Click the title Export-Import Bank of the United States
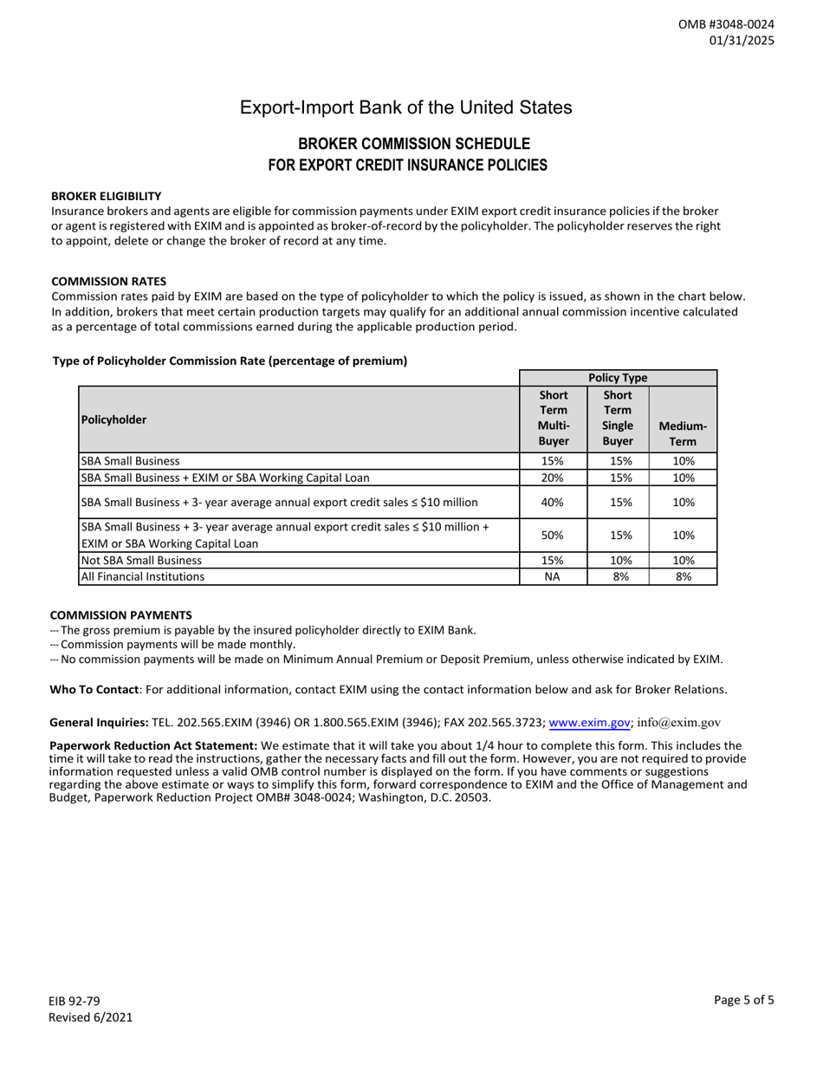405,107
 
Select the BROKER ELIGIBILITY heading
107,197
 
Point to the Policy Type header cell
619,378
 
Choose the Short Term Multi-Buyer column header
554,418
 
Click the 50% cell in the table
554,536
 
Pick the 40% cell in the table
554,502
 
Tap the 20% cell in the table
554,477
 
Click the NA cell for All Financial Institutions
554,575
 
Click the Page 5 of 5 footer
744,999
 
